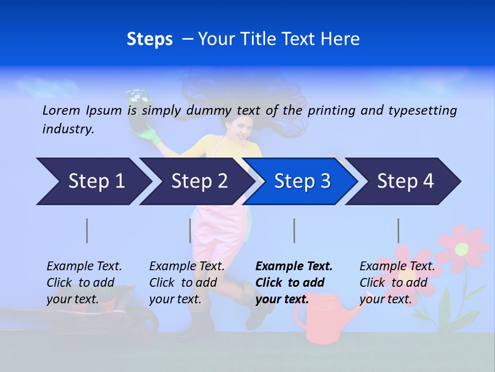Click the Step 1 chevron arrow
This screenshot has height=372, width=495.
point(93,181)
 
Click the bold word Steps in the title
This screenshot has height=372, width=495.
point(150,39)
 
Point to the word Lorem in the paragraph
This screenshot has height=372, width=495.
point(61,110)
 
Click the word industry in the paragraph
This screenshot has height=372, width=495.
point(68,129)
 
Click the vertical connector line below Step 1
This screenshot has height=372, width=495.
point(87,230)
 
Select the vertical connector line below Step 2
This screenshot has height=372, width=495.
point(190,230)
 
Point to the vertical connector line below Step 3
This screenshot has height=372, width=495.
point(294,230)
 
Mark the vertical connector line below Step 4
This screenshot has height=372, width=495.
point(398,230)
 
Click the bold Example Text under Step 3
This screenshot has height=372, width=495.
point(294,266)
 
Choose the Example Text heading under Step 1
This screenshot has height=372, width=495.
point(84,266)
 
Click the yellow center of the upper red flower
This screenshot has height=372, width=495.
point(461,249)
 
